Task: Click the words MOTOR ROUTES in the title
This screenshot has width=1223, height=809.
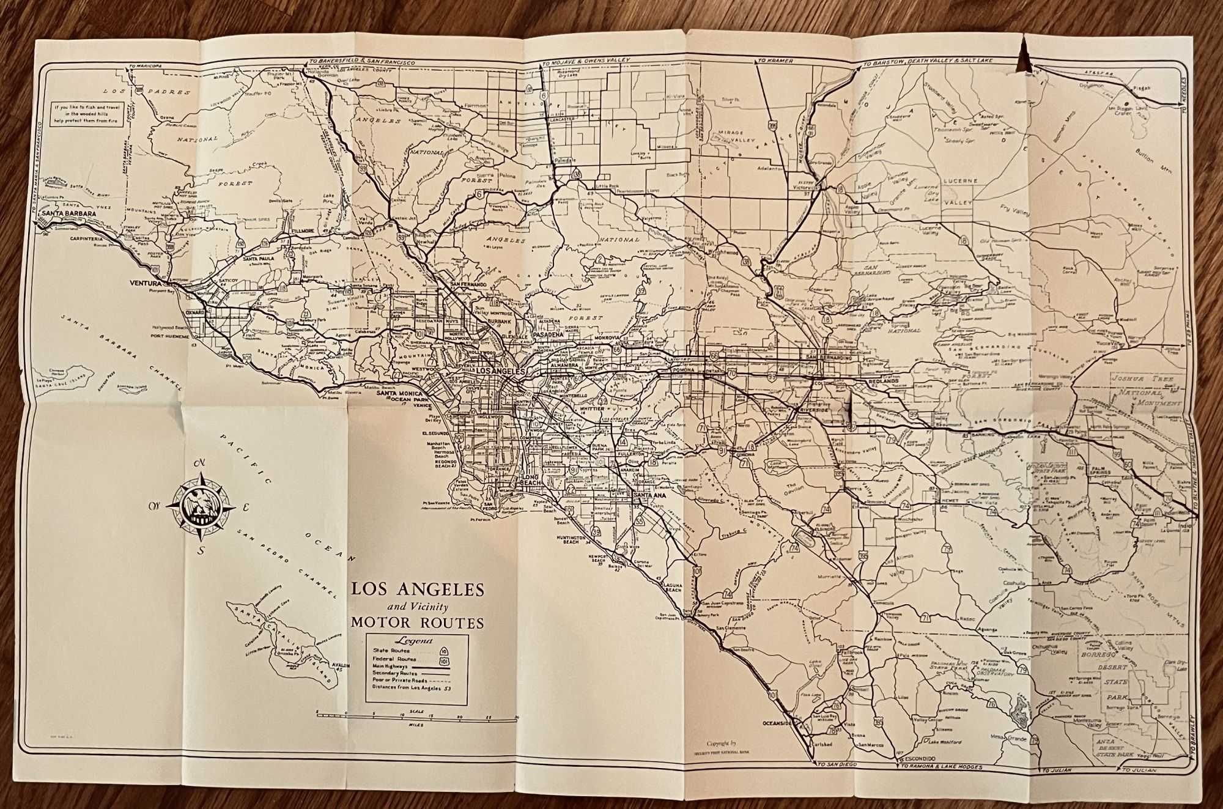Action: (418, 623)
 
